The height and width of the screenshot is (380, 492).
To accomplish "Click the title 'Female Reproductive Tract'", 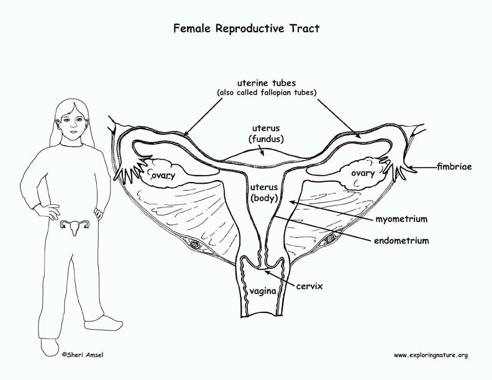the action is tap(247, 29).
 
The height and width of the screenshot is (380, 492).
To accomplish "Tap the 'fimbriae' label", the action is tap(455, 166).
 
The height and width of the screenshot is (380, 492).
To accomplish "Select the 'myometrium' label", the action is tap(401, 219).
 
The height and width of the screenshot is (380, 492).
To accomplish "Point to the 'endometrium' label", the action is tap(401, 240).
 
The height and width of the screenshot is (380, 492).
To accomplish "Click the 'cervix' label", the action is tap(309, 286).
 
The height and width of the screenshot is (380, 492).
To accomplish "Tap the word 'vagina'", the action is tap(263, 291).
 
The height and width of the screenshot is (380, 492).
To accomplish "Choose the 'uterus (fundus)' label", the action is tap(266, 133).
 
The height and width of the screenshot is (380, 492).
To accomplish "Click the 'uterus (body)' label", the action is tap(264, 193).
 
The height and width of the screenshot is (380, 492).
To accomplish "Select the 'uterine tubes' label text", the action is tap(266, 83).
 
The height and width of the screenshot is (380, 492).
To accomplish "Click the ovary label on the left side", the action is tap(163, 175).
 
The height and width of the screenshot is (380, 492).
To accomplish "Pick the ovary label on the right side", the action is tap(363, 173).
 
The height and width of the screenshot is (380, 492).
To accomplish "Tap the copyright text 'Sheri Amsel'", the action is tap(83, 355).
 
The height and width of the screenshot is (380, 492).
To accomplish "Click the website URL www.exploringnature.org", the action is tap(431, 355).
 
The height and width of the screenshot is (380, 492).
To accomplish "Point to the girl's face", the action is tap(73, 123).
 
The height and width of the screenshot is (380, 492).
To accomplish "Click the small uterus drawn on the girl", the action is tap(75, 227).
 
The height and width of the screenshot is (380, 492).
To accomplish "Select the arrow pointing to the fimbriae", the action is tap(424, 168).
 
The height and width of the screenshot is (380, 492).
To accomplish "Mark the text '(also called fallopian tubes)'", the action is tap(266, 93).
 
